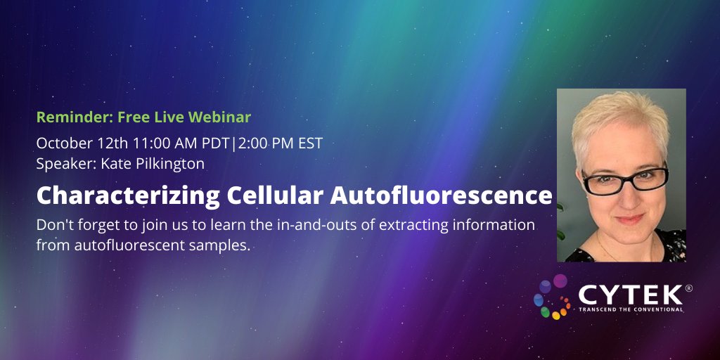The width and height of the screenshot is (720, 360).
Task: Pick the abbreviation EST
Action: (x=309, y=143)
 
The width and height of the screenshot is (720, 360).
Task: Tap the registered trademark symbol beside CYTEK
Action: (x=688, y=288)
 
